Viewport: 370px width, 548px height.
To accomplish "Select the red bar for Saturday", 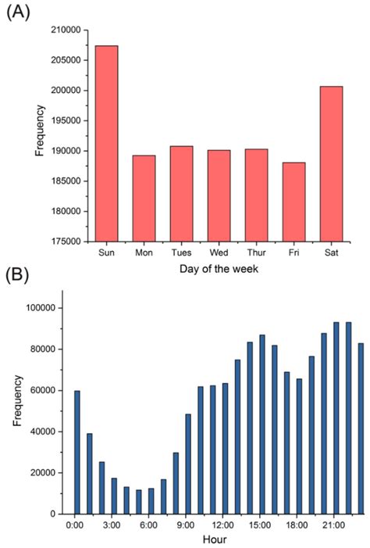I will pos(330,163).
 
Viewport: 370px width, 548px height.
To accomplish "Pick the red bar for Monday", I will pos(143,199).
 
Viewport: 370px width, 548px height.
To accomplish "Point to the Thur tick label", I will pos(255,253).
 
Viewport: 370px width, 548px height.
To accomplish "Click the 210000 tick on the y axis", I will pos(66,30).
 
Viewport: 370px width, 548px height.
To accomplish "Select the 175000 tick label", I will pos(66,242).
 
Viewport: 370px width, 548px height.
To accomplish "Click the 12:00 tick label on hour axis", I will pos(225,525).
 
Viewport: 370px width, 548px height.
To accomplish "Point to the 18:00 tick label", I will pos(299,525).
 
